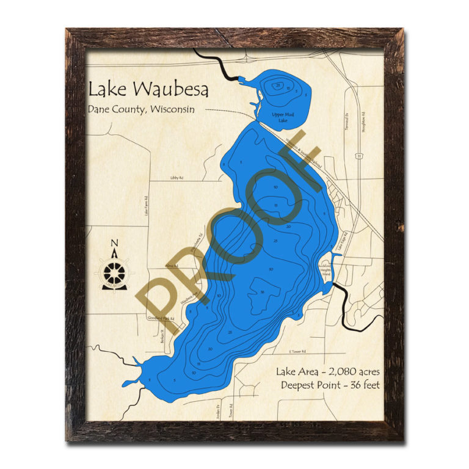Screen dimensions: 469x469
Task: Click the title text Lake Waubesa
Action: coord(148,89)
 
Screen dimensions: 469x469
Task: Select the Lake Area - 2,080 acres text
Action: coord(327,371)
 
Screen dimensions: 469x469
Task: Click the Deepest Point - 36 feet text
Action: coord(330,385)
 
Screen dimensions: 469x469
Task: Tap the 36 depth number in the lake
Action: coord(261,293)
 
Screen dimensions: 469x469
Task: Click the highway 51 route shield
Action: coord(360,156)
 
